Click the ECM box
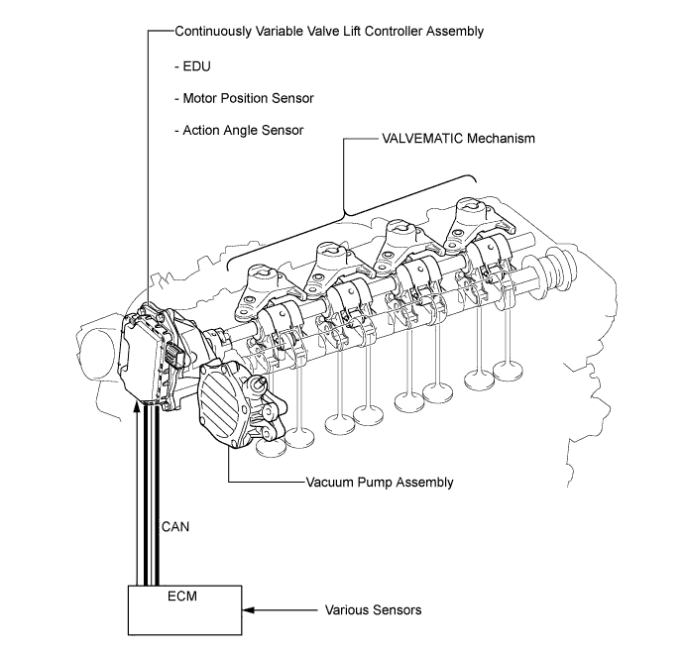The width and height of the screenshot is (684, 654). point(184,610)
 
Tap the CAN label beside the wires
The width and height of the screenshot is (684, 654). point(175,527)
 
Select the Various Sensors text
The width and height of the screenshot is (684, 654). point(374,610)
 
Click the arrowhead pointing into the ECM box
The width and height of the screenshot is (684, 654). point(249,610)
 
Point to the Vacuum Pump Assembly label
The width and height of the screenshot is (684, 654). point(380,483)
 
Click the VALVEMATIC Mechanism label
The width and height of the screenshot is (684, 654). point(458,138)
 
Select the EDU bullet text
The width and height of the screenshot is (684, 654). point(192,66)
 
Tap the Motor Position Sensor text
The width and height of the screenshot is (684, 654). point(244,98)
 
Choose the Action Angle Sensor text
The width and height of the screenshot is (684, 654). point(239,131)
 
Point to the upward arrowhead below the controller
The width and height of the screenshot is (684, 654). point(137,408)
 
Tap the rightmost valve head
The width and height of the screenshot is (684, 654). point(508,371)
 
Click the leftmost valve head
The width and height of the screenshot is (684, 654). point(271,446)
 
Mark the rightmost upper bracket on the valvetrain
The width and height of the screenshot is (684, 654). point(477,222)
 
